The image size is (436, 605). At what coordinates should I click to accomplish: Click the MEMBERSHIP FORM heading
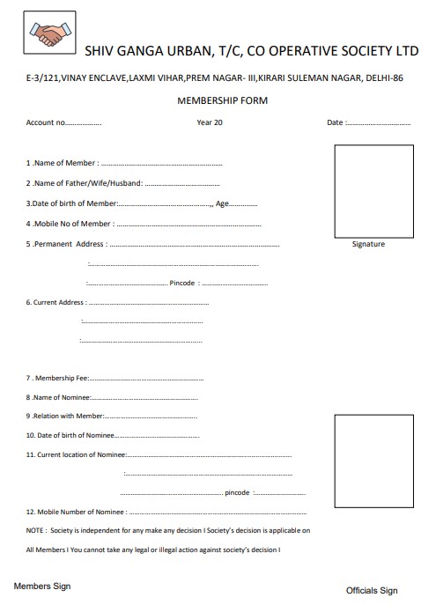tap(222, 100)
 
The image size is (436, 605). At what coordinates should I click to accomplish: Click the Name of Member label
tap(62, 164)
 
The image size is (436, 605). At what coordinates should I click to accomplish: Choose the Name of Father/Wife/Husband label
tap(84, 183)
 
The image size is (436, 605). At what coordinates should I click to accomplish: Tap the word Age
tap(222, 203)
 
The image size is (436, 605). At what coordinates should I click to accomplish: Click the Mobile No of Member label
tap(70, 224)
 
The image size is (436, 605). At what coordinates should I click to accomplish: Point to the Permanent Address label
tap(67, 244)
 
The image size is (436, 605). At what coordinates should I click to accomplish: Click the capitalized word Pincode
tap(181, 284)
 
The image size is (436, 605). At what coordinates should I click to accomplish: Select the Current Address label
tap(55, 303)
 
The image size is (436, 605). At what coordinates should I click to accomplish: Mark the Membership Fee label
tap(57, 378)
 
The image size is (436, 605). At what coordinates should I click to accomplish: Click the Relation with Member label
tap(65, 416)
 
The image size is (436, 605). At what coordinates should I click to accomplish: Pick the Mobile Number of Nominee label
tap(76, 512)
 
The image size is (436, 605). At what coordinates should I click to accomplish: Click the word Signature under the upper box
tap(368, 244)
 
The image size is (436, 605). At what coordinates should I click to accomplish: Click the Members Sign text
tap(41, 586)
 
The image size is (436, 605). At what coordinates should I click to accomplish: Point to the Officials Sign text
tap(372, 590)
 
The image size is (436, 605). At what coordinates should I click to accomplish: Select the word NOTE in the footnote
tap(35, 531)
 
